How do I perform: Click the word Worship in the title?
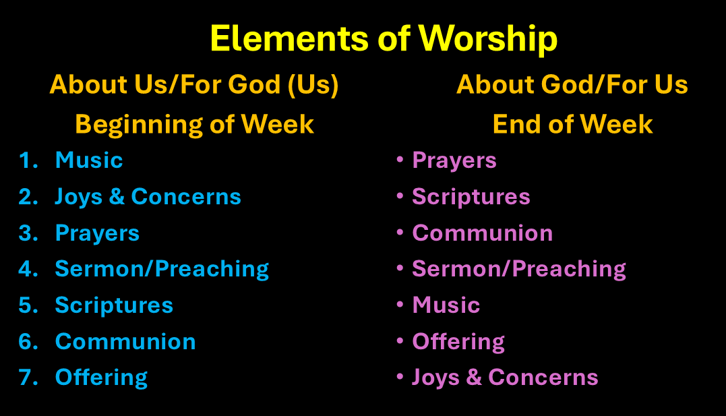(488, 39)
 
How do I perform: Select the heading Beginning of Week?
(194, 125)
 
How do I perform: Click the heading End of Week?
(573, 124)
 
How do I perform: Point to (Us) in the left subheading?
(313, 85)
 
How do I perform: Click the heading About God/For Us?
(572, 84)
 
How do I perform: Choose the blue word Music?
(89, 160)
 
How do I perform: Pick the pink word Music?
(446, 305)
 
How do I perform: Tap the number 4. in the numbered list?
(28, 269)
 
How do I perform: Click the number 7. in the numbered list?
(28, 378)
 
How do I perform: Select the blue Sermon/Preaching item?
(162, 270)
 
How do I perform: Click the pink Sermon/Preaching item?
(519, 270)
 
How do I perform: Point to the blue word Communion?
(125, 342)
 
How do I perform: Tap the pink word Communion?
(483, 233)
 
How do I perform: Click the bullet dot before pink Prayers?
(400, 159)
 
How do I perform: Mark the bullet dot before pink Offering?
(400, 340)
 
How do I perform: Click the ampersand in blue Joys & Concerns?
(117, 197)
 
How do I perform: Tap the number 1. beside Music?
(28, 160)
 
